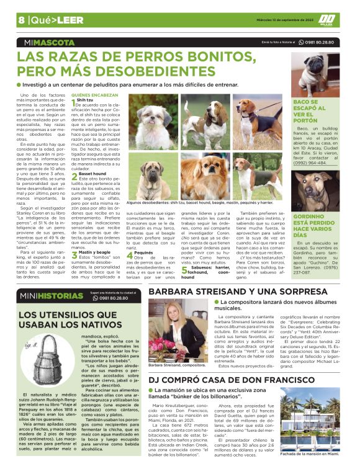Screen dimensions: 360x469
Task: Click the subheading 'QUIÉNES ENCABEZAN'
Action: (95, 95)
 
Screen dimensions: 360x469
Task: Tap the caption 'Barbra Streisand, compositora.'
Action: (178, 365)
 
